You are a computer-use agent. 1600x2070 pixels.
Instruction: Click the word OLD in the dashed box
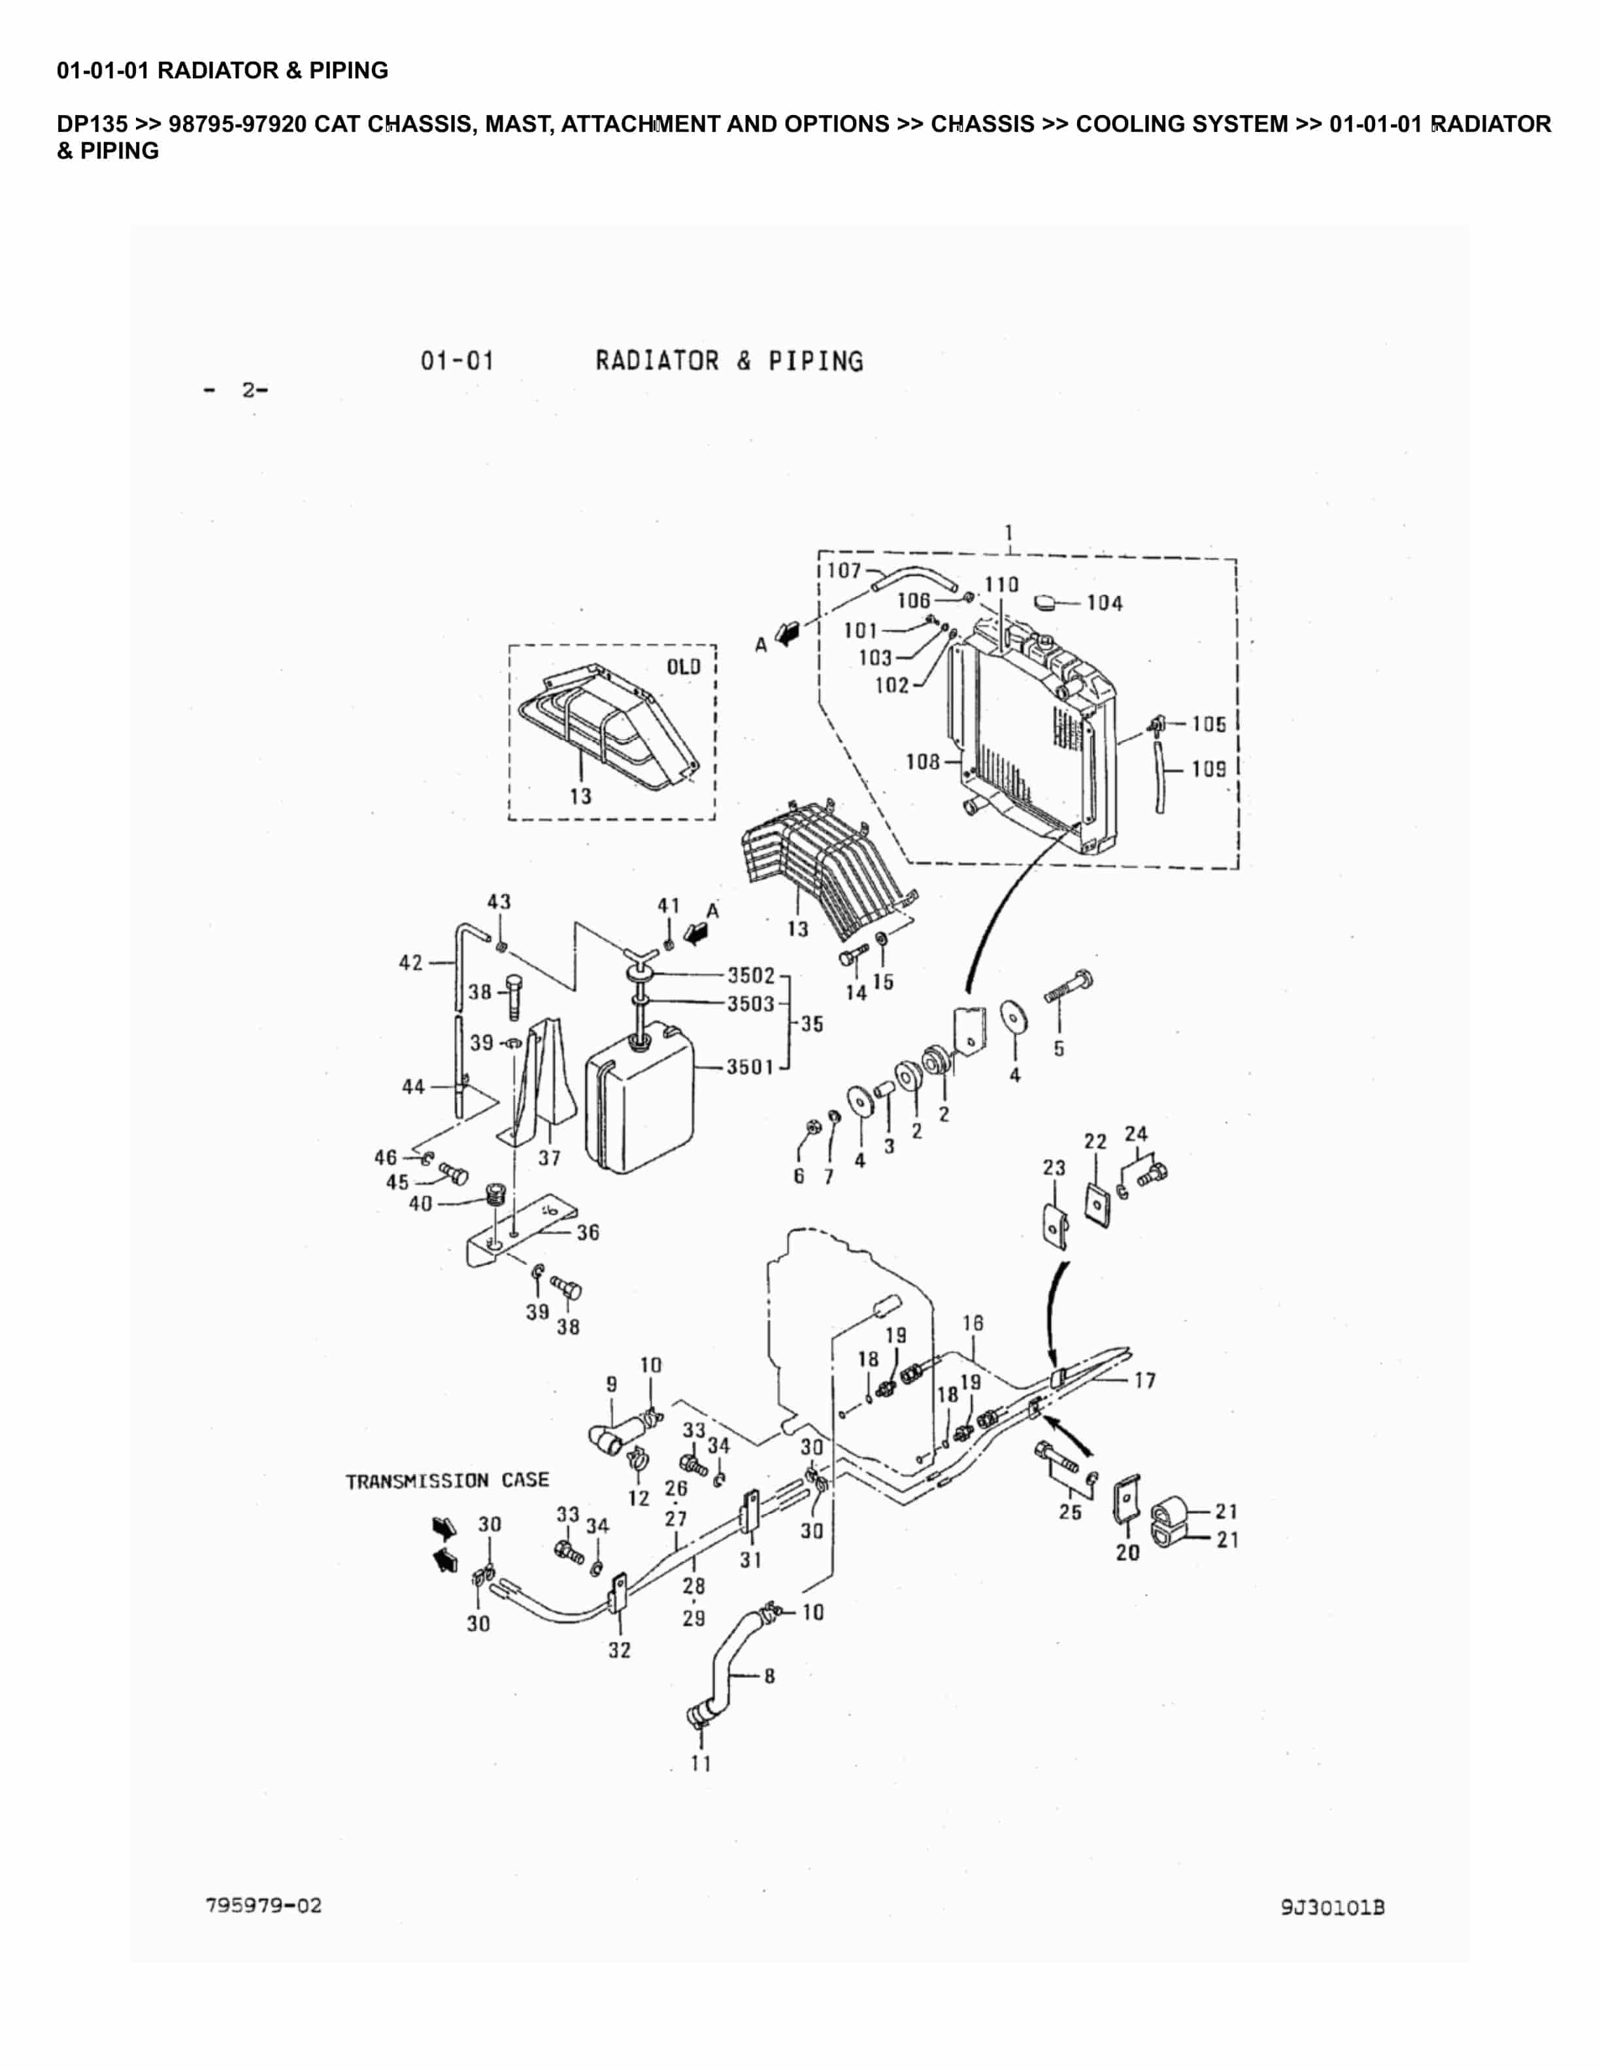[684, 666]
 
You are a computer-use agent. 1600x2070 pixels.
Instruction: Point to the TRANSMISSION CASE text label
[446, 1481]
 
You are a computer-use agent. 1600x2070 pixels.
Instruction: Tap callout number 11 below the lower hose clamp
[701, 1763]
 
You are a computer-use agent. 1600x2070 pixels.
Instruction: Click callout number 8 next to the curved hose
[769, 1676]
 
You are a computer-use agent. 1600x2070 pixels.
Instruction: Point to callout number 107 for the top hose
[844, 570]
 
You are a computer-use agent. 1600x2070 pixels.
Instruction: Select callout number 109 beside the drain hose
[1208, 768]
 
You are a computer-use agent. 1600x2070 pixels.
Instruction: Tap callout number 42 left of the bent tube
[410, 963]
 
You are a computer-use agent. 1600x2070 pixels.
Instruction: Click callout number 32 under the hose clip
[619, 1650]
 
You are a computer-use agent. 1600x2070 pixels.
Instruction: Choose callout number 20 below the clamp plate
[1127, 1552]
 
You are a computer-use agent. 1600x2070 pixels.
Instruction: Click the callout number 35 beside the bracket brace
[812, 1024]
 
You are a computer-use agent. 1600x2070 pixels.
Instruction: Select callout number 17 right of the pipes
[1145, 1380]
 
